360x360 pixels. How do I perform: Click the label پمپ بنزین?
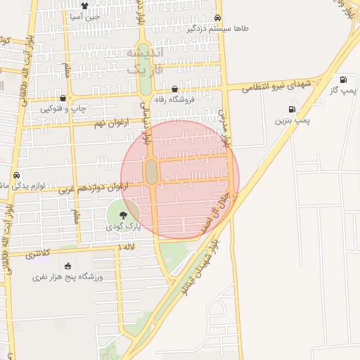(x=292, y=121)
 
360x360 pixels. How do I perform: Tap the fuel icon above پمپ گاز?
(x=343, y=80)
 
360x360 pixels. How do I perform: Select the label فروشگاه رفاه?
(x=175, y=100)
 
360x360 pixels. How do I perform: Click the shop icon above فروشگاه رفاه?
(x=175, y=89)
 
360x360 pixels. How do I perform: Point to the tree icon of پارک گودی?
(x=124, y=214)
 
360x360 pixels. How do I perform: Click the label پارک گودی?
(x=124, y=226)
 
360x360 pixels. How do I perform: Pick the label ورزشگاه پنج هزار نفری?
(x=67, y=277)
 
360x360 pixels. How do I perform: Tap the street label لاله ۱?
(x=127, y=247)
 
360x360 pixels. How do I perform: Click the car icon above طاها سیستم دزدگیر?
(x=218, y=18)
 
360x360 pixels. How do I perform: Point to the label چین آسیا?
(x=85, y=15)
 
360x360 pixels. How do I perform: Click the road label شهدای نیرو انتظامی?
(x=276, y=86)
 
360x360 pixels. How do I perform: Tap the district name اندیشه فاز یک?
(x=146, y=61)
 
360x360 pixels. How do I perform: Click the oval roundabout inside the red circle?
(x=151, y=172)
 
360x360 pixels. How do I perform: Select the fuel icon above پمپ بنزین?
(x=291, y=110)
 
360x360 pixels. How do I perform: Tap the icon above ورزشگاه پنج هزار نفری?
(x=67, y=266)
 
